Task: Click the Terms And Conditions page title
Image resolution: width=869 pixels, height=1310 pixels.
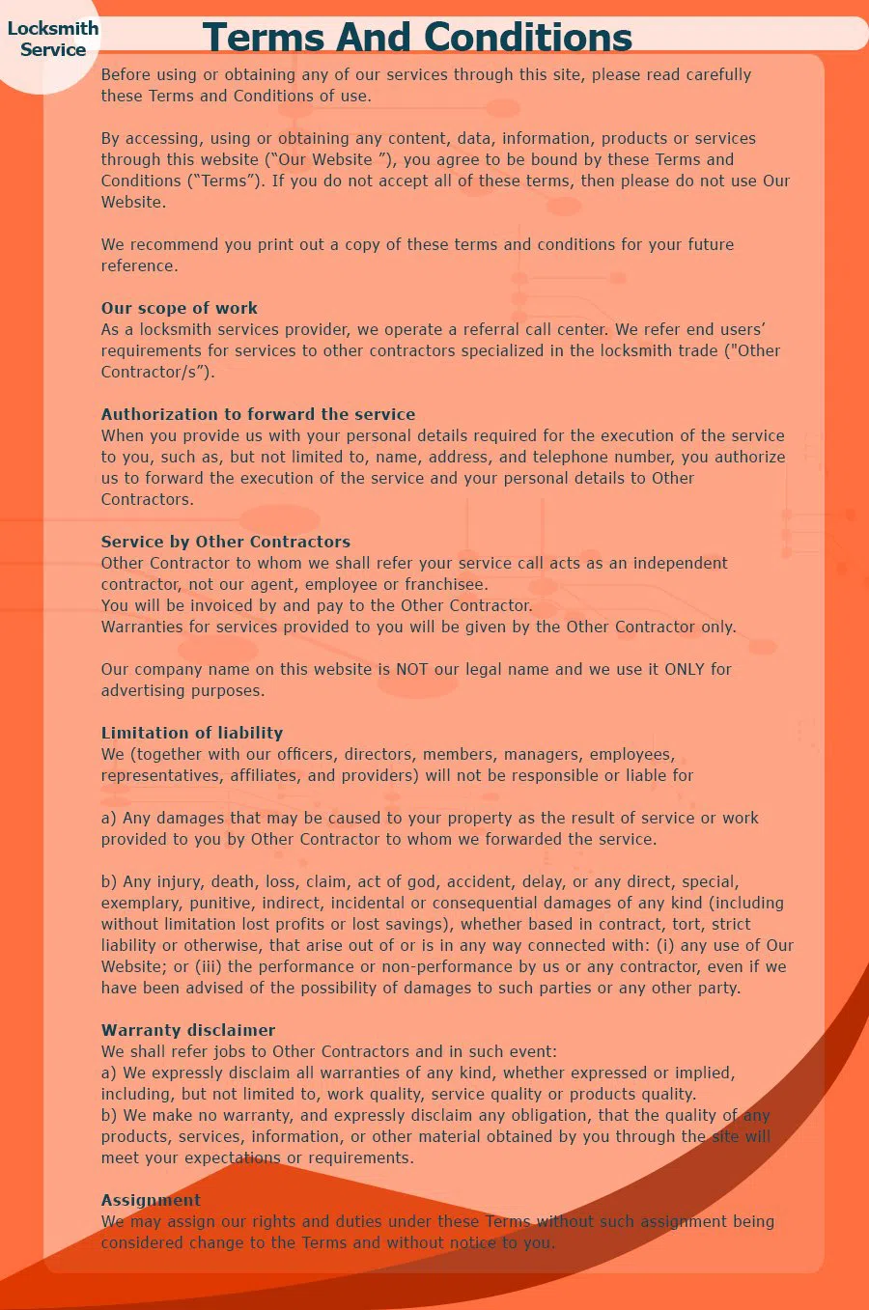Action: [x=417, y=37]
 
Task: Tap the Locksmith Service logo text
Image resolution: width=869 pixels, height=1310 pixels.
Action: [x=53, y=39]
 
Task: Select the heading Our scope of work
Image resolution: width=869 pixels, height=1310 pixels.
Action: [x=180, y=308]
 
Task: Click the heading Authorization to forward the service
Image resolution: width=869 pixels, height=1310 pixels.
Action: [x=258, y=414]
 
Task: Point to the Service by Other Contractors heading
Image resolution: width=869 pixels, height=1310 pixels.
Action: [x=226, y=542]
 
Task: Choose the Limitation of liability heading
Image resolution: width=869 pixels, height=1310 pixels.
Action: [x=192, y=733]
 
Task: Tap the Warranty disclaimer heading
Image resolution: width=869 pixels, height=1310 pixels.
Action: [x=188, y=1030]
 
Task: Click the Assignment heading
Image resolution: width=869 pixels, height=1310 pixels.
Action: [x=151, y=1200]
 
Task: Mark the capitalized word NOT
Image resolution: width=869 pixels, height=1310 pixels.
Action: [x=411, y=669]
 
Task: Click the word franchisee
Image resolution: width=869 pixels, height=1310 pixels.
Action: [x=445, y=584]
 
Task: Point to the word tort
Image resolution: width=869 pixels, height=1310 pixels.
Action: [x=687, y=924]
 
